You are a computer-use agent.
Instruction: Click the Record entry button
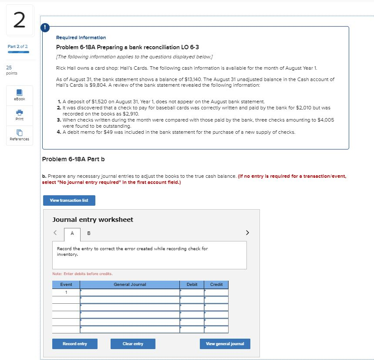coord(74,344)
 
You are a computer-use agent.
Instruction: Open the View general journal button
coord(225,344)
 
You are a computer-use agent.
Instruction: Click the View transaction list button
coord(69,200)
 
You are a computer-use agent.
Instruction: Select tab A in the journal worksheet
coord(73,233)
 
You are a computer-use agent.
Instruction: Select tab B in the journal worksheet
coord(89,233)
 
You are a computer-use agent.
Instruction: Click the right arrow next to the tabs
coord(248,233)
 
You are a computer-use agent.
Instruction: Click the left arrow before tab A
coord(55,233)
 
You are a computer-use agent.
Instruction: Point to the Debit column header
coord(192,285)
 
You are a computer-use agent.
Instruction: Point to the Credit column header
coord(216,285)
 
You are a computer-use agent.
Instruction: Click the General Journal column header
coord(130,285)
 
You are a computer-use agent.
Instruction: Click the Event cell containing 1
coord(66,292)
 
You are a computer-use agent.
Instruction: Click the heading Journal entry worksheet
coord(93,220)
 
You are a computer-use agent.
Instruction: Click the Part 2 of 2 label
coord(17,46)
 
